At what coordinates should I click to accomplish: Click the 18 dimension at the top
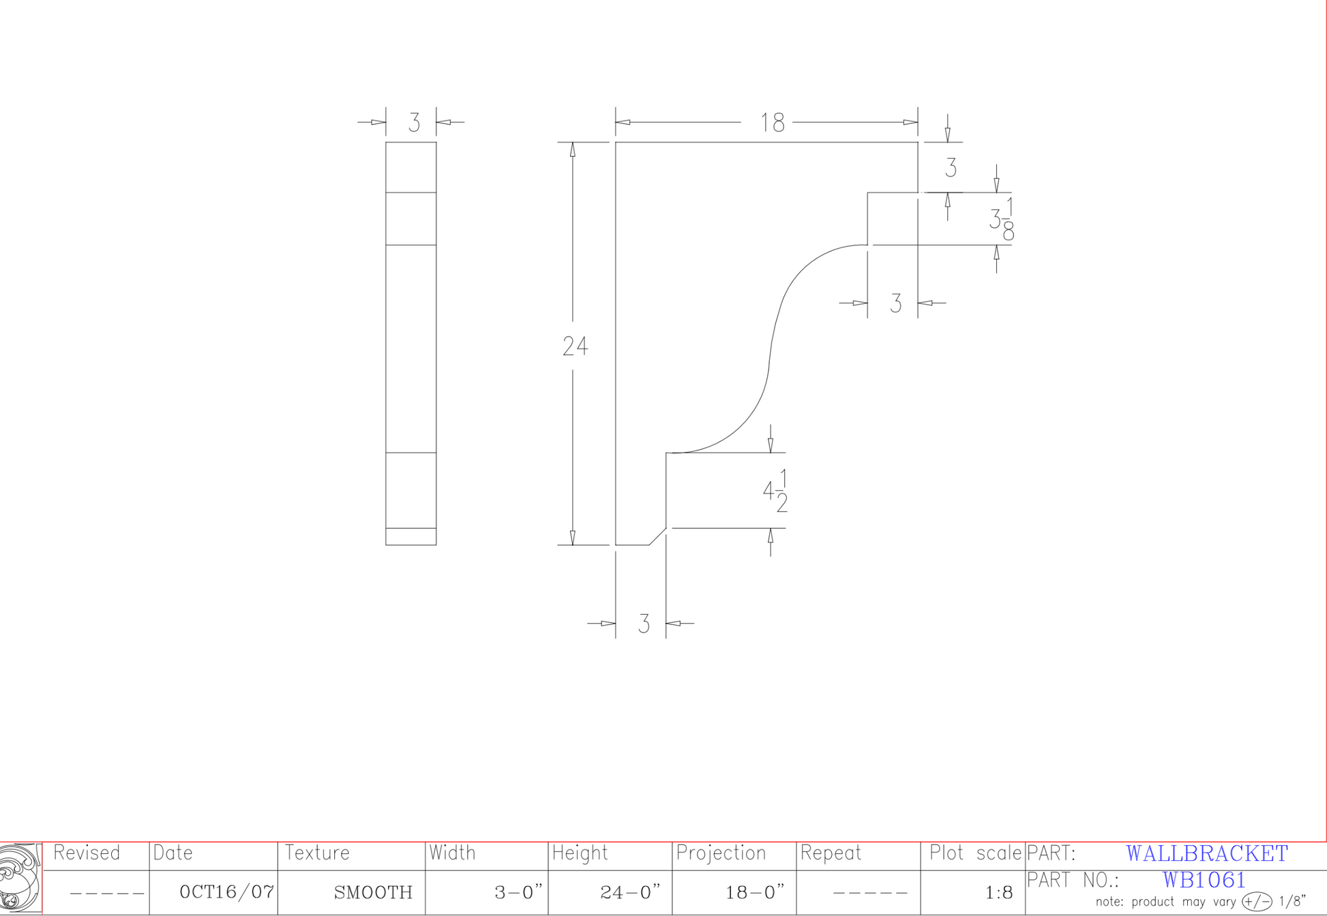tap(773, 123)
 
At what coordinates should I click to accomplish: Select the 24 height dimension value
tap(575, 346)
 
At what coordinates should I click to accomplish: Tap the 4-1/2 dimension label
tap(775, 491)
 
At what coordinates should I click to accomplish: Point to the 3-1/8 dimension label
tap(1002, 219)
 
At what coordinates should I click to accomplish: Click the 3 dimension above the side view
tap(414, 123)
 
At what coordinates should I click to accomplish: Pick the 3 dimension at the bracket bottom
tap(644, 624)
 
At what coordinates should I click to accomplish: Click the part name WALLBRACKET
tap(1207, 853)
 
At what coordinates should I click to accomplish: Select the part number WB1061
tap(1204, 880)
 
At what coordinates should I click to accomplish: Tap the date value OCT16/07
tap(226, 891)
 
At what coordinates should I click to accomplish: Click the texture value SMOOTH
tap(373, 892)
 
